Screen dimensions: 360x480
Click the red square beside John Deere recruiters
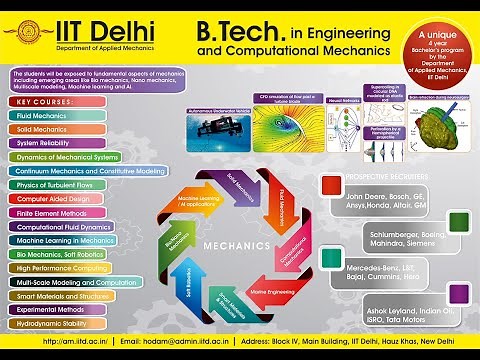point(331,184)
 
